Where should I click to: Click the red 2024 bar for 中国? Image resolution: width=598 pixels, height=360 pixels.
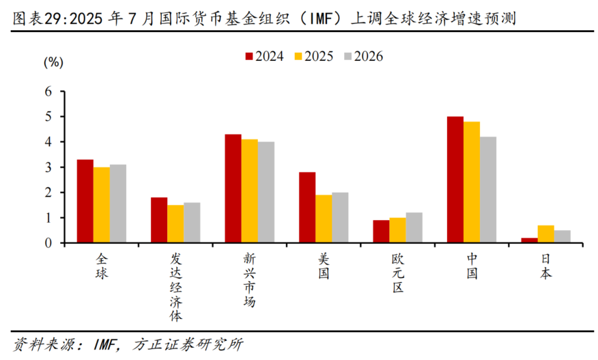(x=455, y=180)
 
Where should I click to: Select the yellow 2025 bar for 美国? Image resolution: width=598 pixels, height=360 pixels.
(x=324, y=219)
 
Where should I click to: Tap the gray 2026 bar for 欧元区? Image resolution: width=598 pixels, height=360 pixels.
(x=414, y=227)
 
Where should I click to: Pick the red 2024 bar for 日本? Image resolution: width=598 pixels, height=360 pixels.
(x=529, y=240)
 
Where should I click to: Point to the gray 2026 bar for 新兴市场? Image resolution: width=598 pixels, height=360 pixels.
(x=266, y=192)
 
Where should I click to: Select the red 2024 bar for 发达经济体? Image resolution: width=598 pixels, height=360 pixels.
(x=159, y=220)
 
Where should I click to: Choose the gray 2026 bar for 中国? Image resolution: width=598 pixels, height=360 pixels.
(x=488, y=190)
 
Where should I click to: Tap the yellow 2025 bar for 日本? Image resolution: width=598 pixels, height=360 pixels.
(x=545, y=234)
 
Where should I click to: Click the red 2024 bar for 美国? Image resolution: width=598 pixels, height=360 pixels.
(x=307, y=207)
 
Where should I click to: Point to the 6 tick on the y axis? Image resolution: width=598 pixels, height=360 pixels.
(x=48, y=92)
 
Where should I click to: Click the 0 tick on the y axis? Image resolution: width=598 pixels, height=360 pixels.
(x=48, y=243)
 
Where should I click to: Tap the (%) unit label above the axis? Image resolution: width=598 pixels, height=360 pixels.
(x=53, y=64)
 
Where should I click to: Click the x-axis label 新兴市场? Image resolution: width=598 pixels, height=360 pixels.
(x=249, y=281)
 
